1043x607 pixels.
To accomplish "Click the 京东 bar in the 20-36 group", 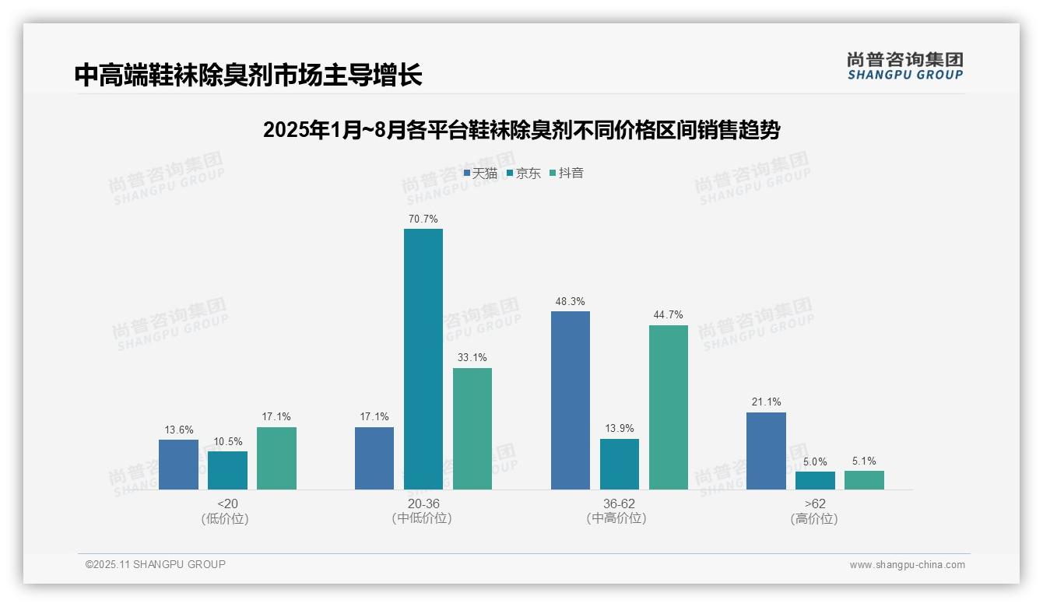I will click(423, 359).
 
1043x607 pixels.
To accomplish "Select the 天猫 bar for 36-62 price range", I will click(570, 400).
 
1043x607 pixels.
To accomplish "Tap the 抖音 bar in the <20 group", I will click(276, 458).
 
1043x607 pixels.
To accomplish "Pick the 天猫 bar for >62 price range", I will click(766, 451).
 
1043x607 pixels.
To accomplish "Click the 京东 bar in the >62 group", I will click(815, 480).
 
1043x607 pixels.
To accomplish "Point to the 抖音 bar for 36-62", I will click(668, 407).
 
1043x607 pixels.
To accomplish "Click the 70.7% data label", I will click(423, 219).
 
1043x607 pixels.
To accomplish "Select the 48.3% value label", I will click(570, 302).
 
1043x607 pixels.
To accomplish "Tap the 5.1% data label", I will click(864, 461).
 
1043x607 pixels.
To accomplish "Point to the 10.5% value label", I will click(227, 442).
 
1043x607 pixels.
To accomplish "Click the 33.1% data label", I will click(472, 358).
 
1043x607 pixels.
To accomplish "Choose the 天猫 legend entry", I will click(480, 174).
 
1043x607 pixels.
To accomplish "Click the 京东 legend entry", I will click(523, 174).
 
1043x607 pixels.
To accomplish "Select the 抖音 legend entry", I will click(566, 174).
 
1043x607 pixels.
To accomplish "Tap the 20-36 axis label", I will click(423, 504).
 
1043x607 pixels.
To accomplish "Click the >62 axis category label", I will click(815, 504).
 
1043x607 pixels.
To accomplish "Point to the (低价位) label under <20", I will click(227, 519).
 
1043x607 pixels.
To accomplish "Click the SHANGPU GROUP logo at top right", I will click(904, 66).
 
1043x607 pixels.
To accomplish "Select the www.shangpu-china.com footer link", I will click(907, 565).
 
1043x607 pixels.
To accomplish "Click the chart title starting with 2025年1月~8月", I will click(521, 130).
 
